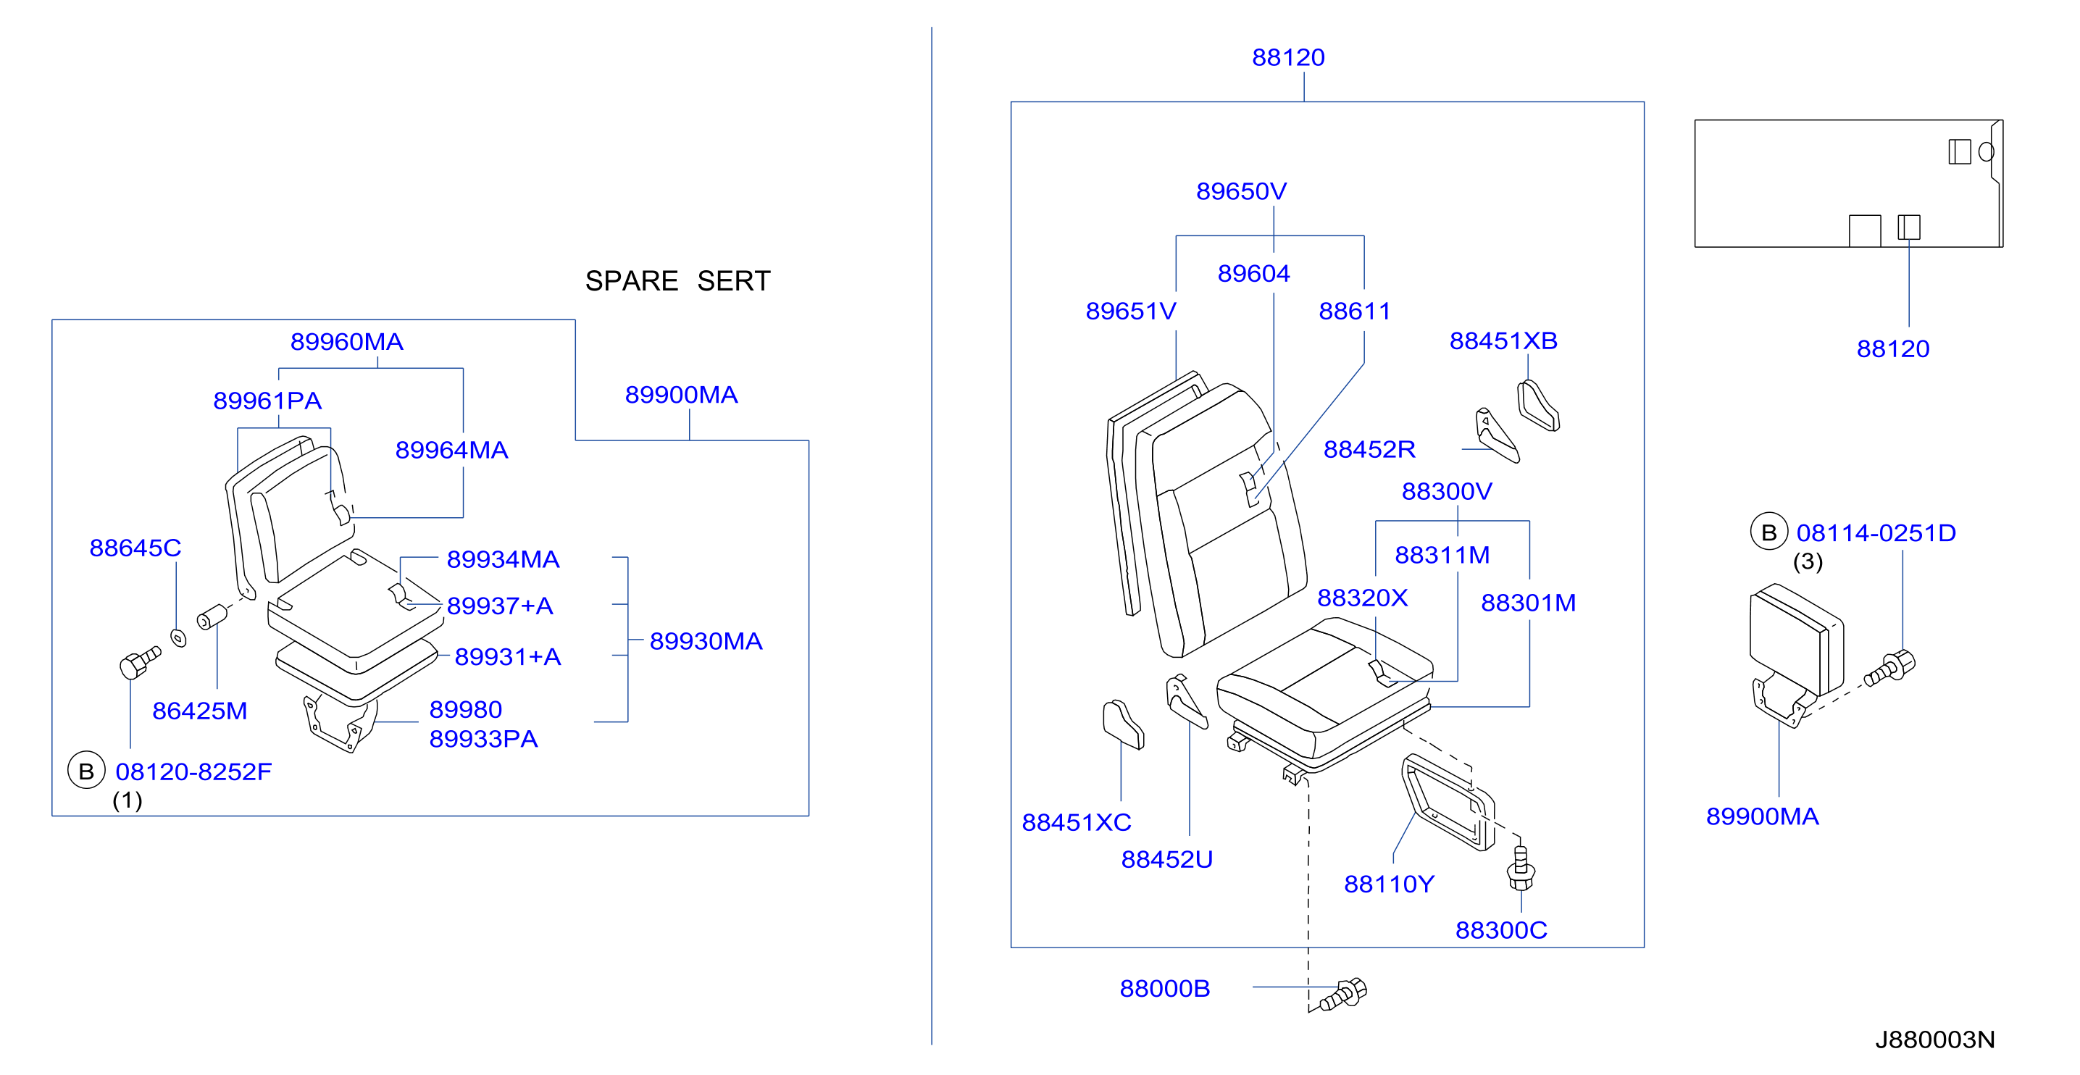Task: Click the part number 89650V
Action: click(1241, 191)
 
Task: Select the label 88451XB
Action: click(1503, 340)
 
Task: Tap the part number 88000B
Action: click(1164, 988)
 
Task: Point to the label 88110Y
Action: click(1389, 884)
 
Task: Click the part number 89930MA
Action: click(706, 641)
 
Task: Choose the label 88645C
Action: click(135, 548)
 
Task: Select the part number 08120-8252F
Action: click(193, 771)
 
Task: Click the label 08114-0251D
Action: click(1876, 532)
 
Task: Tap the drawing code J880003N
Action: click(1934, 1040)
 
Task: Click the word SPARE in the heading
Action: click(632, 281)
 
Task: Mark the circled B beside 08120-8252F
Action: click(86, 771)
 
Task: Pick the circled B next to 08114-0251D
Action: click(1768, 532)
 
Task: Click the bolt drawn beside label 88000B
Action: click(1342, 995)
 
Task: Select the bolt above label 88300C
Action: click(1521, 868)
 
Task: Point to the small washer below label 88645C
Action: click(178, 638)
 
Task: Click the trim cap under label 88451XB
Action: click(1538, 406)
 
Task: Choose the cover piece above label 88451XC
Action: click(1123, 724)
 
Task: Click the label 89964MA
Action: click(451, 450)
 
